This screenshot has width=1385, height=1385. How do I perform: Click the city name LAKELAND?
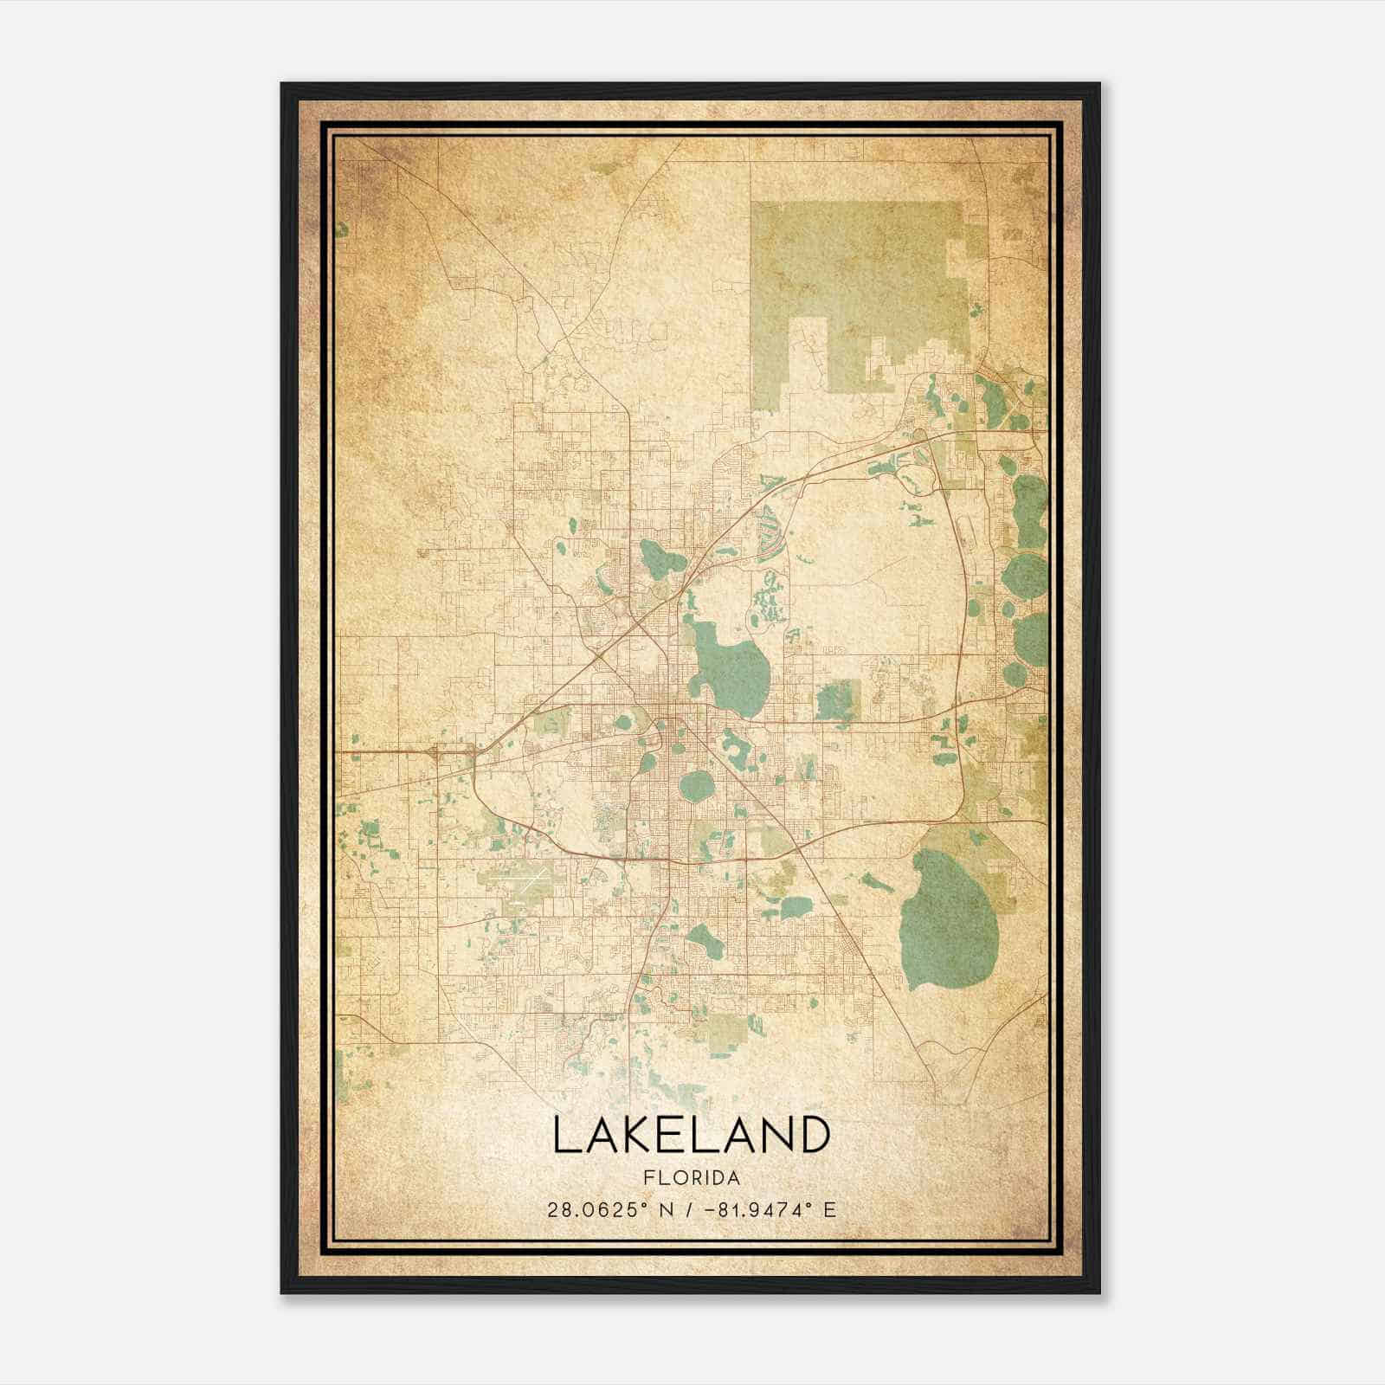point(691,1135)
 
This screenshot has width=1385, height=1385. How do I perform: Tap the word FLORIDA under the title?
point(692,1178)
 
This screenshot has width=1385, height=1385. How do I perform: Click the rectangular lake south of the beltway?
point(796,907)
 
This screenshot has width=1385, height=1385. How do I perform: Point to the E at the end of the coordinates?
point(830,1209)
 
